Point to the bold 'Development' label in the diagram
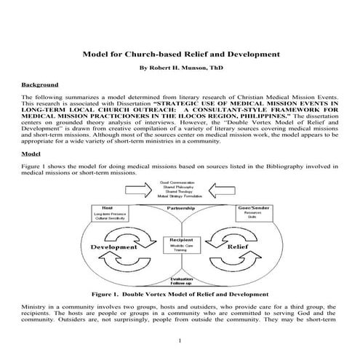[x=114, y=247]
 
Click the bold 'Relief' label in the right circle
[x=246, y=247]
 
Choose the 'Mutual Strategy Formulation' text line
[x=180, y=197]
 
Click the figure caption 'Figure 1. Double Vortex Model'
[x=180, y=296]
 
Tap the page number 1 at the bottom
[x=180, y=342]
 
